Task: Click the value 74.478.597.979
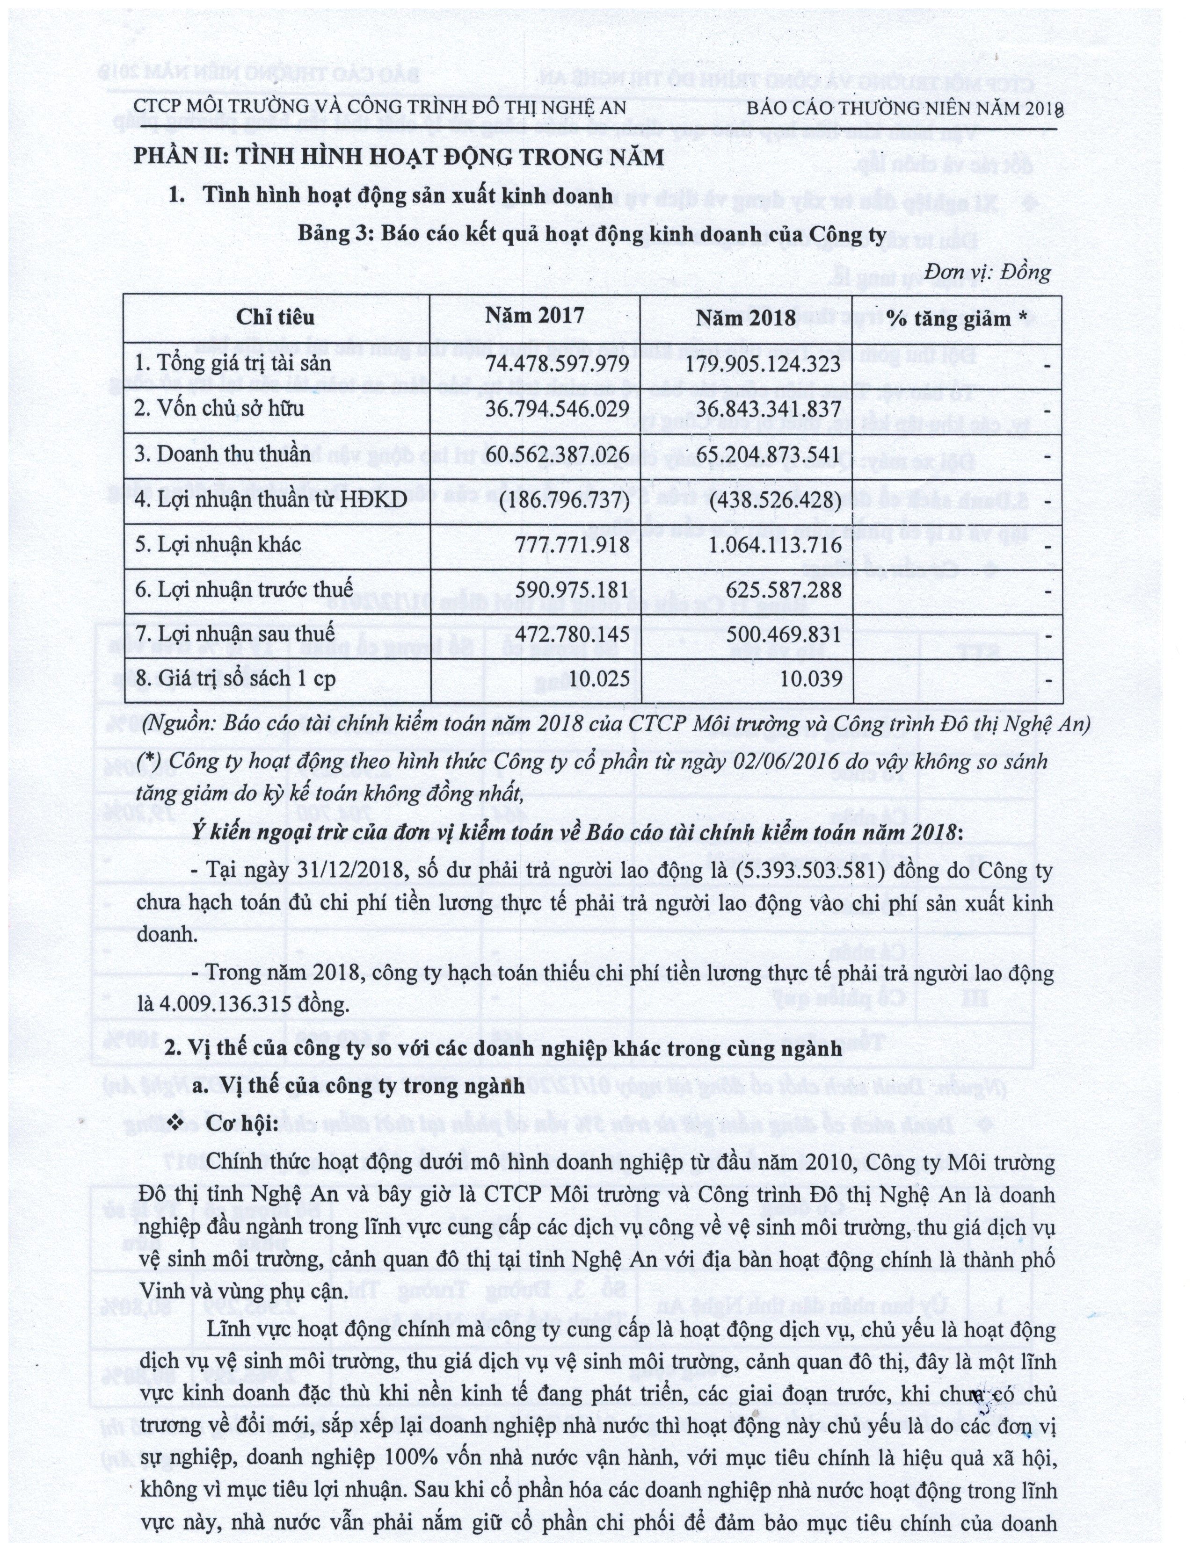point(558,363)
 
